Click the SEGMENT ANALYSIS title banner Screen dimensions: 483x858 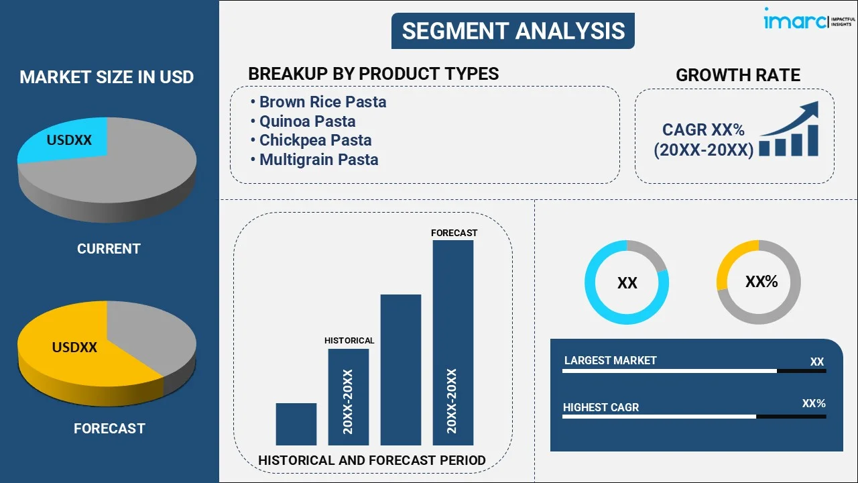[x=513, y=31]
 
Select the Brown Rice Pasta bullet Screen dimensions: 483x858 [x=322, y=102]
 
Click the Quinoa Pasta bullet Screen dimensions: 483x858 [x=307, y=121]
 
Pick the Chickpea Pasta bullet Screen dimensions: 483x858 [x=315, y=140]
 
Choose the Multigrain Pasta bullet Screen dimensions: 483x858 [x=318, y=160]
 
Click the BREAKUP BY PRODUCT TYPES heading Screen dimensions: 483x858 [x=373, y=74]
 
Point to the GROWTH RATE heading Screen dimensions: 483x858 [x=737, y=75]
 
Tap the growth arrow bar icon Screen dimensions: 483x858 [x=790, y=130]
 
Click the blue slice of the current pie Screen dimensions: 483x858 [x=64, y=140]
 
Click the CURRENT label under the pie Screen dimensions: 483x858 [x=109, y=249]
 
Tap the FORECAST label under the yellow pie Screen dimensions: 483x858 [x=109, y=429]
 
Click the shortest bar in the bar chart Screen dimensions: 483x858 [x=296, y=424]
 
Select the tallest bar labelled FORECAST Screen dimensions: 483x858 [x=453, y=342]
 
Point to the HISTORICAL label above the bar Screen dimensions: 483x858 [x=349, y=341]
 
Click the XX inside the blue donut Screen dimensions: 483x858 [x=627, y=283]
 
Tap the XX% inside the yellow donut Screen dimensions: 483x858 [x=761, y=282]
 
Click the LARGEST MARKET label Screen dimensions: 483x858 [x=610, y=361]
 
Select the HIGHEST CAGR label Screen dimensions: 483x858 [x=601, y=407]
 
